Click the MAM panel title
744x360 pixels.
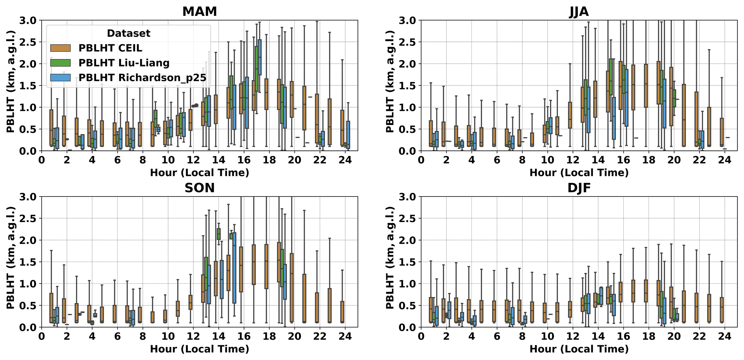(199, 12)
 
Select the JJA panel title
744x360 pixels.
(579, 12)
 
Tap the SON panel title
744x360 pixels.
(199, 188)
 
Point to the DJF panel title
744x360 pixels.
(579, 188)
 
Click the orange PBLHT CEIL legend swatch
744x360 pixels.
(60, 48)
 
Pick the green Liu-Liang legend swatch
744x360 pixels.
(60, 63)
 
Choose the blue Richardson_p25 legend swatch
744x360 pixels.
(60, 77)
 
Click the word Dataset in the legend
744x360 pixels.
(128, 33)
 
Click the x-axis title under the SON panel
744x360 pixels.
(199, 349)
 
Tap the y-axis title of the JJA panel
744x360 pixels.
(390, 81)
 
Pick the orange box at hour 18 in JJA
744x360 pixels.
(646, 86)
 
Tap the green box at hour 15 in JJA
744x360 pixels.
(611, 81)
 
